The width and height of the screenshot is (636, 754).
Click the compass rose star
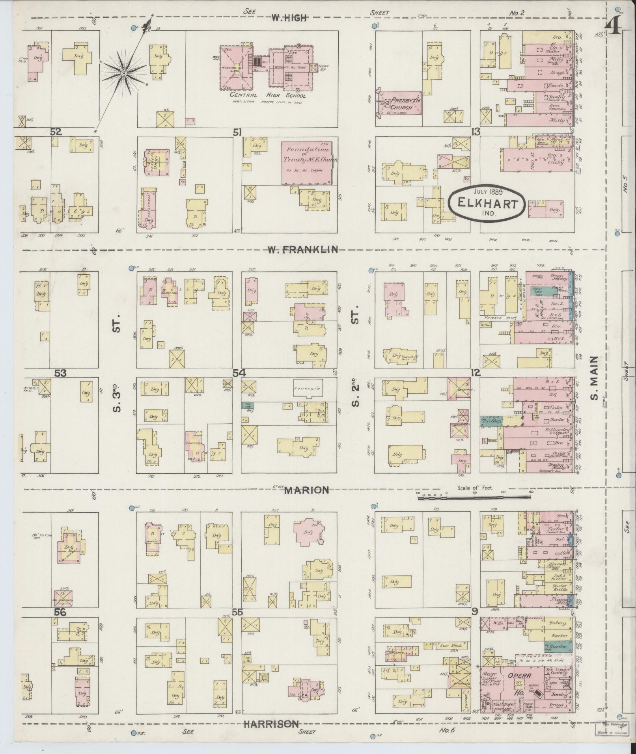pyautogui.click(x=123, y=73)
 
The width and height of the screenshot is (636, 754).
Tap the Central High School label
pyautogui.click(x=268, y=95)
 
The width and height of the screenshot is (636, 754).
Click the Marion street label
pyautogui.click(x=306, y=490)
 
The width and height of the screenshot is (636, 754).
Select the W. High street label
pyautogui.click(x=289, y=17)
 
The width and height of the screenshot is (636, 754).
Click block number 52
pyautogui.click(x=56, y=132)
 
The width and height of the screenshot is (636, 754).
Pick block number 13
pyautogui.click(x=476, y=132)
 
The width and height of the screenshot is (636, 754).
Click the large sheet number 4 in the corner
pyautogui.click(x=614, y=28)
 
